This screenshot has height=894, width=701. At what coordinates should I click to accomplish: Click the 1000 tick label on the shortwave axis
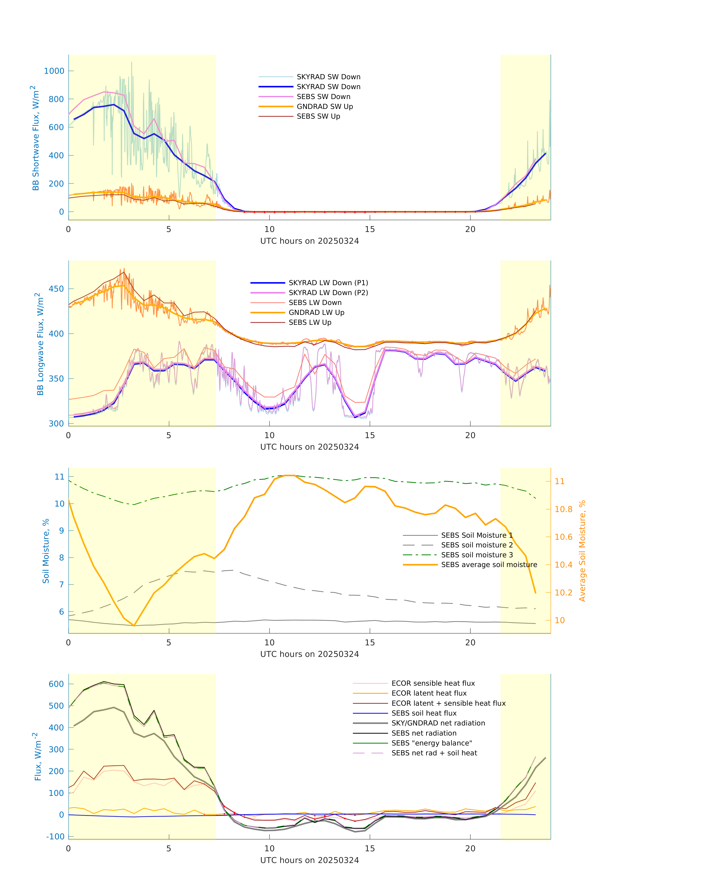coord(54,71)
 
